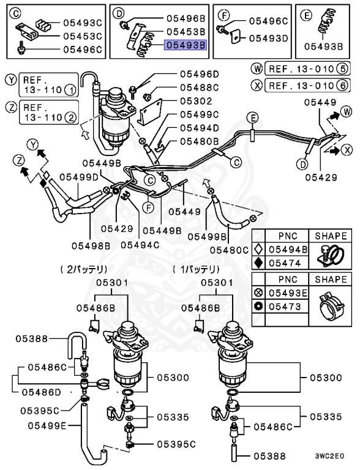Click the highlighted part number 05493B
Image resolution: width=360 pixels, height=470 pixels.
[186, 45]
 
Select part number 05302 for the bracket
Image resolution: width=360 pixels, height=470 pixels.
[196, 101]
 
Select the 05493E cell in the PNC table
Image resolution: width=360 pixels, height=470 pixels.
[287, 293]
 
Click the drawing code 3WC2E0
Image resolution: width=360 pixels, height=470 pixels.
[330, 455]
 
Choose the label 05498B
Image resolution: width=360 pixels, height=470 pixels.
[90, 245]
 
